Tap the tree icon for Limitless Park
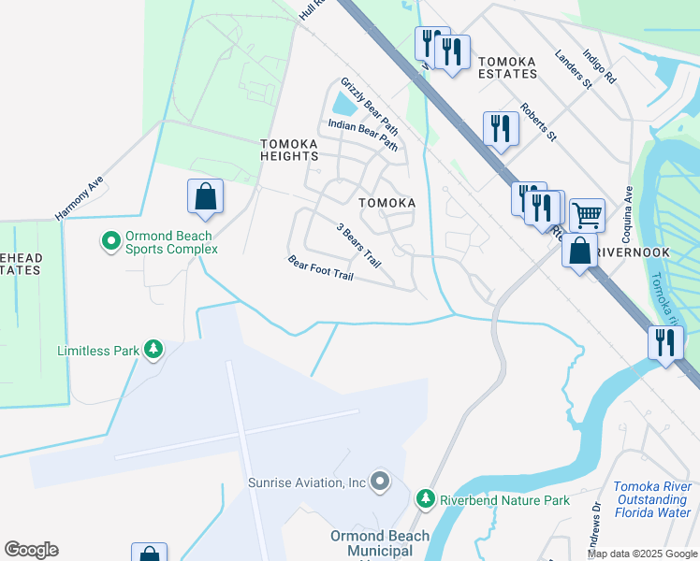(x=153, y=351)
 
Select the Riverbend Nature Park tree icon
(x=426, y=500)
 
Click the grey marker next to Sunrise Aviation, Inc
(x=379, y=482)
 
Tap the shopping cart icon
(x=587, y=215)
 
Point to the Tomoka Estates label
(x=507, y=67)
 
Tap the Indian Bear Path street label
(x=363, y=136)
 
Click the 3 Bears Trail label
(x=359, y=243)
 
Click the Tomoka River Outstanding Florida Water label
(x=653, y=499)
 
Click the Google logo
(x=31, y=550)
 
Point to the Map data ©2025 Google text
(x=641, y=554)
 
